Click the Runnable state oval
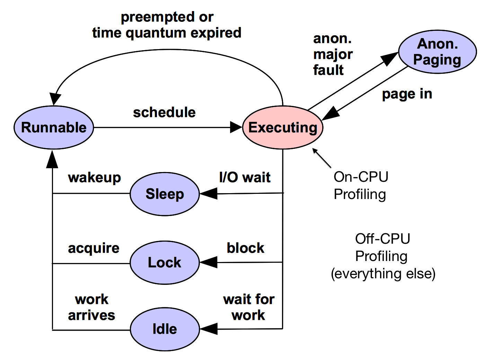tap(54, 127)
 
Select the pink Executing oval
tap(283, 127)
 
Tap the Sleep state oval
tap(165, 194)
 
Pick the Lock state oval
tap(165, 262)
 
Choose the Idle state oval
tap(165, 329)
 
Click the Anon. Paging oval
tap(437, 52)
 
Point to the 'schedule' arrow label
tap(164, 112)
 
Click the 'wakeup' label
tap(94, 178)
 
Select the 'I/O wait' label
tap(245, 177)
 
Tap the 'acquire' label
tap(94, 248)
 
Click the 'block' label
tap(245, 248)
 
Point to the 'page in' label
tap(407, 94)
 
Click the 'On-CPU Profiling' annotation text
tap(360, 186)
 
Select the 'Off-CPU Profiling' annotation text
tap(383, 256)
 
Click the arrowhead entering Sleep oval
tap(209, 193)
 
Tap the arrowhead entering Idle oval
tap(209, 329)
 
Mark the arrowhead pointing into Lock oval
tap(209, 262)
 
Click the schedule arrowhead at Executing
tap(236, 127)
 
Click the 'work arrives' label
tap(91, 307)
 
